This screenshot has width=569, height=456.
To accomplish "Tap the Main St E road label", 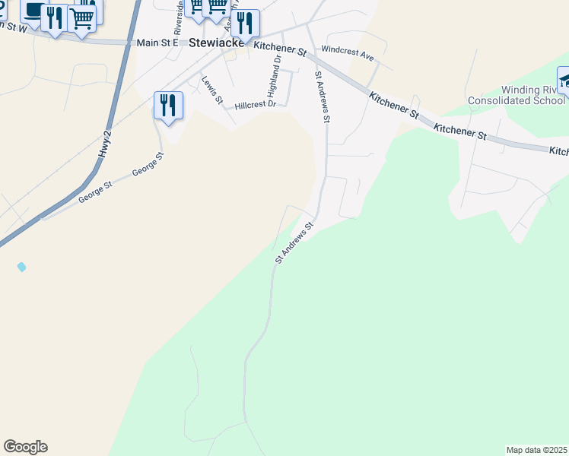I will (x=157, y=43).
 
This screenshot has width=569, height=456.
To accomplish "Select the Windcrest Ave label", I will (x=348, y=55).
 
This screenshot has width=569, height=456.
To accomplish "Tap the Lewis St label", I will (x=213, y=90).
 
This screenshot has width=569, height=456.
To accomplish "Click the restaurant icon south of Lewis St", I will (x=169, y=105).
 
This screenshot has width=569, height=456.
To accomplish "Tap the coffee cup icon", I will (x=32, y=11).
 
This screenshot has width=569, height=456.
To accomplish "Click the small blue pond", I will (x=21, y=267).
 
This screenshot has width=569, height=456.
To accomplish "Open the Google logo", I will (x=25, y=447).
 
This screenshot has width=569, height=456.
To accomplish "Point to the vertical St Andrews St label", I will (x=322, y=97).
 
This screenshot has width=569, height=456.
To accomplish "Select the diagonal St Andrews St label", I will (x=294, y=243).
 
